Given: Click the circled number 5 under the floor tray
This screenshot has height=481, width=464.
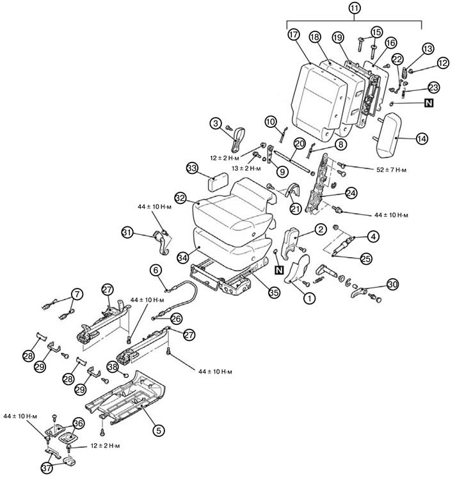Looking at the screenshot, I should click(x=159, y=430).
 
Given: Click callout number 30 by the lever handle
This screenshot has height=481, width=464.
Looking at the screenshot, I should click(x=392, y=285).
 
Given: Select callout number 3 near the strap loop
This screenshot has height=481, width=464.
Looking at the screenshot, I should click(x=218, y=122).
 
